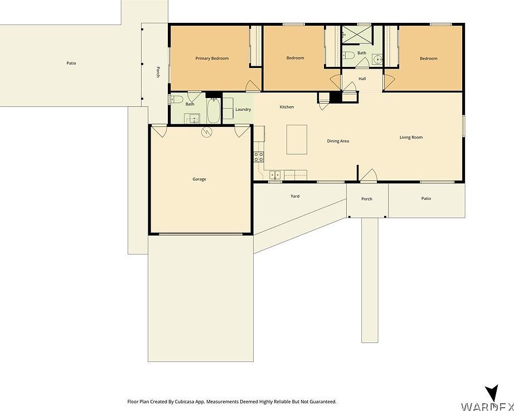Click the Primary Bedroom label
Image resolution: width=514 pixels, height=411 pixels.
(212, 58)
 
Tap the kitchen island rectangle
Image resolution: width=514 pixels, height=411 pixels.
(297, 139)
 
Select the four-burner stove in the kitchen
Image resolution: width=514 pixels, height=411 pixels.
(259, 156)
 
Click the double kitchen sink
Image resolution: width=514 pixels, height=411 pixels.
(275, 175)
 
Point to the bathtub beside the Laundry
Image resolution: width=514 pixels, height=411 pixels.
(214, 111)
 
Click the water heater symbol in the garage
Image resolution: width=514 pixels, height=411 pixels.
(207, 132)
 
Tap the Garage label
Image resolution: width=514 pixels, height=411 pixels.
(200, 179)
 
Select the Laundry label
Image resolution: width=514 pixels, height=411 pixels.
(243, 110)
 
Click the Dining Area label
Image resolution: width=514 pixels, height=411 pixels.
(338, 141)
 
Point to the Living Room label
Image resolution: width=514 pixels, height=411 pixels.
(411, 138)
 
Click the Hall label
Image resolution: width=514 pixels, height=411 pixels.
(362, 79)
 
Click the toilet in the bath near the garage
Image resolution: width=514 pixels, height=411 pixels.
(176, 100)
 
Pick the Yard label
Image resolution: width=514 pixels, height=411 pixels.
(295, 196)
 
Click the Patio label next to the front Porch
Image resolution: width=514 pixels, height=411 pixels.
(426, 199)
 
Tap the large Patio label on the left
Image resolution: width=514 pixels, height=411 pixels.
(71, 63)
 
